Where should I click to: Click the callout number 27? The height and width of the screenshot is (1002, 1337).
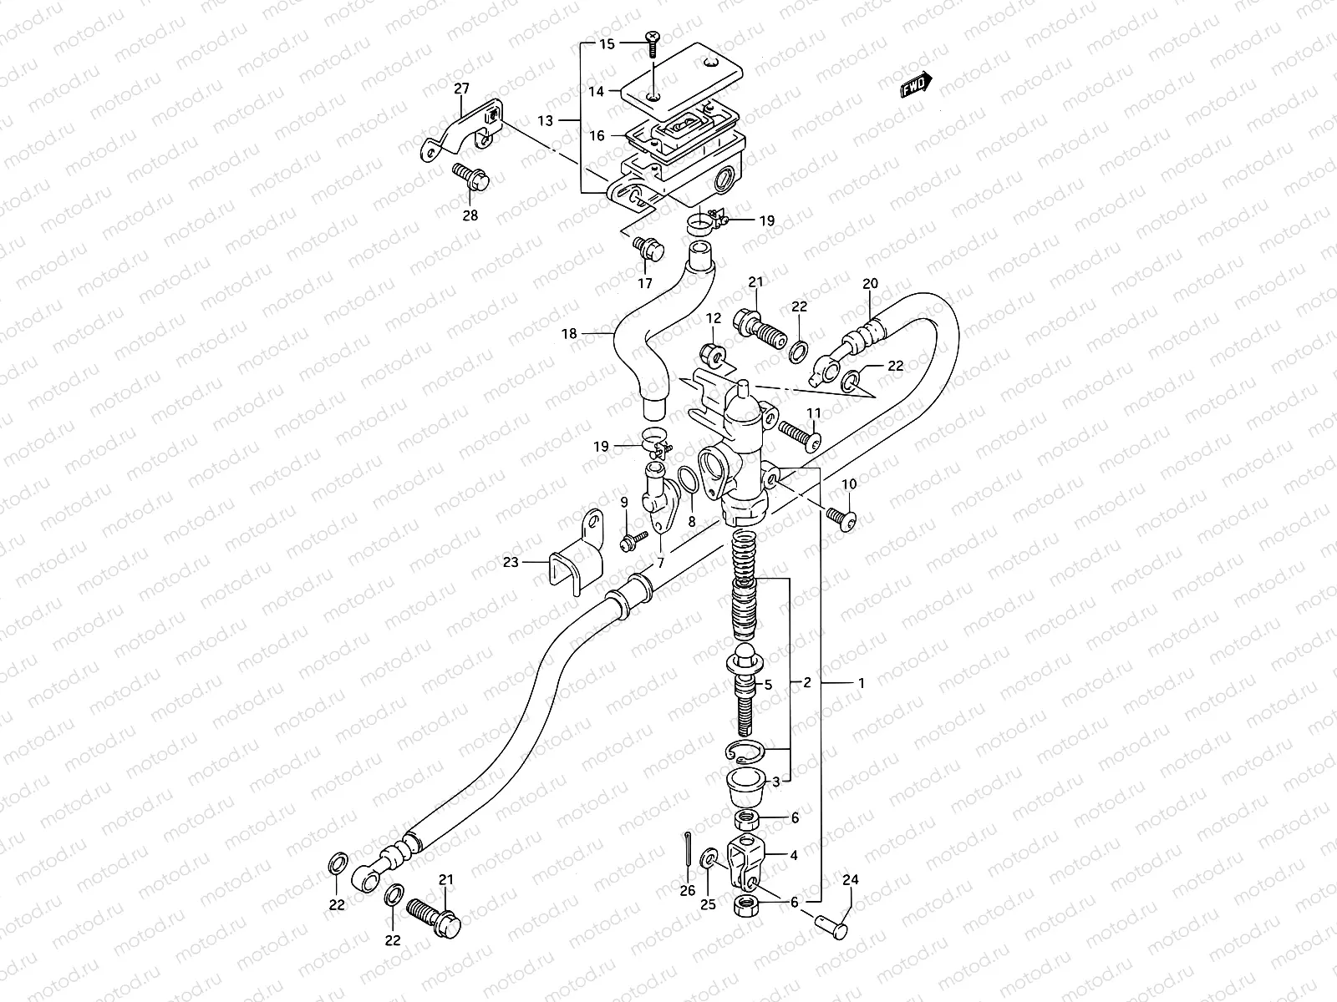462,89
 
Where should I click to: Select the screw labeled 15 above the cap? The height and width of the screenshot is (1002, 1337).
653,39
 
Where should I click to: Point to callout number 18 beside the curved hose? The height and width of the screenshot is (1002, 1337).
569,334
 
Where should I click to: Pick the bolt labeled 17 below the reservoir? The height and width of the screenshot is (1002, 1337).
648,247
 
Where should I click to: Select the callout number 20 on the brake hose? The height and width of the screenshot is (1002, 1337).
870,284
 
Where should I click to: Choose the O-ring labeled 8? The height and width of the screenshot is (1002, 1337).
688,482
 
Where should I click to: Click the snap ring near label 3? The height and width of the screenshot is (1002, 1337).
745,751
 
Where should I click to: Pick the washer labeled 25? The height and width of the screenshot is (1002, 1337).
709,858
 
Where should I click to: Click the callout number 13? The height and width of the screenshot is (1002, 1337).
545,121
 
